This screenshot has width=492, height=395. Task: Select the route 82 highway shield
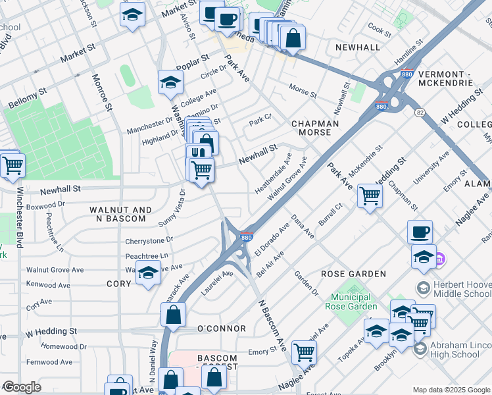coord(420,113)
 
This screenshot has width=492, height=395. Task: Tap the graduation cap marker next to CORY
coord(149,273)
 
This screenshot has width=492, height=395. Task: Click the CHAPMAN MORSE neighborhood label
coord(315,128)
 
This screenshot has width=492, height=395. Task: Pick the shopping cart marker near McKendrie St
coord(370,195)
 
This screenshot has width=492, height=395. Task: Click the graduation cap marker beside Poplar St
coord(170,82)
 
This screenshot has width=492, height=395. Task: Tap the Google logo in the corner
coord(22,387)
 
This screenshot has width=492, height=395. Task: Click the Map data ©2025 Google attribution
coord(451,389)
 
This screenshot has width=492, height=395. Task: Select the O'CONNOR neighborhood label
coord(222,329)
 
